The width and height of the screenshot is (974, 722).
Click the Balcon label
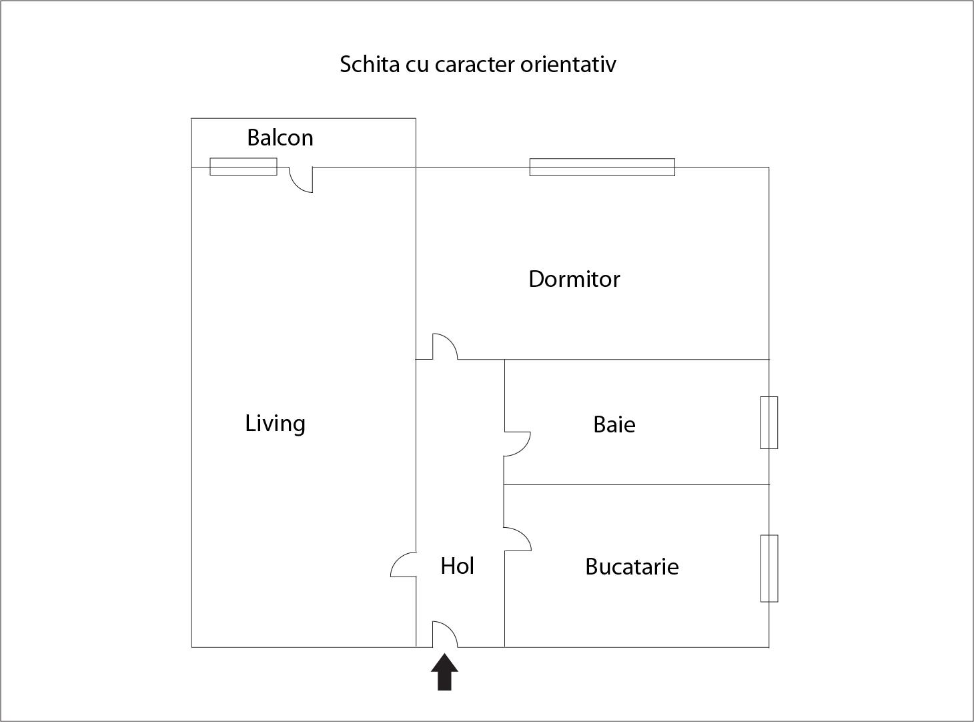coord(280,137)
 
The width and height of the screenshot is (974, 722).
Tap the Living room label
coord(275,423)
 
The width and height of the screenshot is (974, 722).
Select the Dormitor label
coord(574,279)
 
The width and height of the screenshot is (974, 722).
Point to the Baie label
coord(614,424)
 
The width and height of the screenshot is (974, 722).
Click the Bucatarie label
coord(631,567)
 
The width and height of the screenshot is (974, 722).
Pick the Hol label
coord(457,566)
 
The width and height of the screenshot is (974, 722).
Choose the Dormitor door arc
coord(444,347)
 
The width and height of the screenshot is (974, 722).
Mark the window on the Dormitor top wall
coord(602,167)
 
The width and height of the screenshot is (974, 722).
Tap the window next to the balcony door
coord(243,166)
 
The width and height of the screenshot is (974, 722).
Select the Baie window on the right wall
coord(769,422)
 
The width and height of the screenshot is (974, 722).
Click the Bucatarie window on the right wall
coord(769,568)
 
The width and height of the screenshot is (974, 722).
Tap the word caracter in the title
coord(474,65)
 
